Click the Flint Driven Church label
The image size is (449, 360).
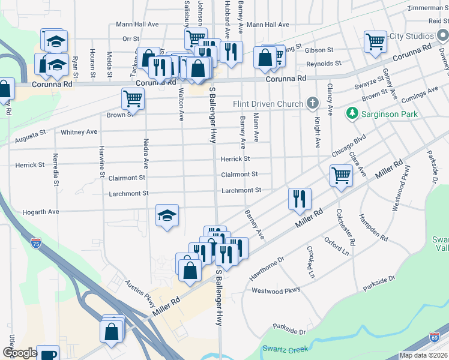(x=268, y=104)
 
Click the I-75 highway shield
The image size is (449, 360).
(x=36, y=243)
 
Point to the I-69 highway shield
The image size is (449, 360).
(x=433, y=338)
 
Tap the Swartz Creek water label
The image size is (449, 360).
(x=285, y=349)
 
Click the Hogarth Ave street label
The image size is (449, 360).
(x=42, y=212)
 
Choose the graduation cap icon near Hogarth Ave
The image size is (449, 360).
(x=167, y=215)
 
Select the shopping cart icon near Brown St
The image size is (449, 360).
(x=133, y=97)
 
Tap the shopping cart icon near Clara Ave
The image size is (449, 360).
(x=341, y=175)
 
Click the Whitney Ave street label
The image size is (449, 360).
(x=79, y=132)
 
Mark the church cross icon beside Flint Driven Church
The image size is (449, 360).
(x=312, y=104)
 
